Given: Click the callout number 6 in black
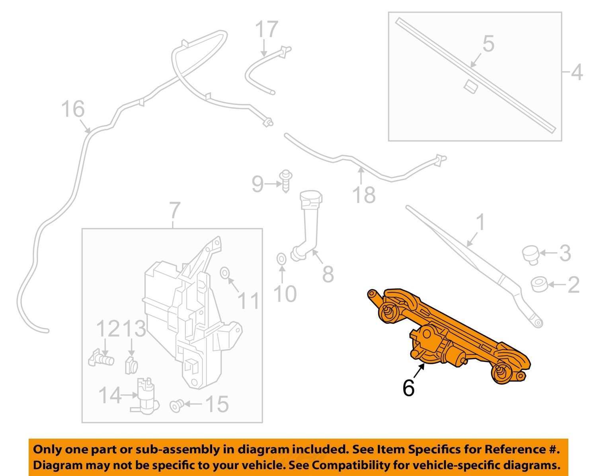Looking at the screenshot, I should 408,387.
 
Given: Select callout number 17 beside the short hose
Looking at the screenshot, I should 266,30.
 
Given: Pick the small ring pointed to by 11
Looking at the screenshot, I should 224,273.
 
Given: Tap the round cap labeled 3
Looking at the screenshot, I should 530,254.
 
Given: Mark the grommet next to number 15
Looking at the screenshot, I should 176,406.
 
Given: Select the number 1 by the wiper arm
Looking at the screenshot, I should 480,223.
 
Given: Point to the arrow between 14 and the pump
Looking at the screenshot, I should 129,395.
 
